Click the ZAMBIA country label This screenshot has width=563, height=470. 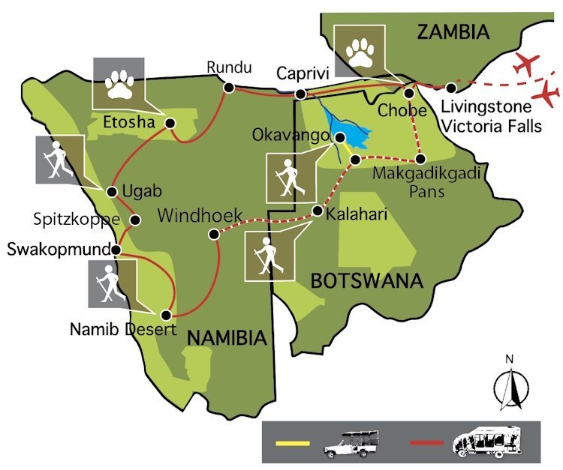click(453, 32)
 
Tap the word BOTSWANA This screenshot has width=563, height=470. click(366, 281)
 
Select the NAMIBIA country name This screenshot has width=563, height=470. click(227, 338)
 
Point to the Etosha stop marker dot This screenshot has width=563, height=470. click(170, 123)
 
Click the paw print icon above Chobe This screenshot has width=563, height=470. click(359, 49)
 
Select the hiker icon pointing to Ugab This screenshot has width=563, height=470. click(59, 159)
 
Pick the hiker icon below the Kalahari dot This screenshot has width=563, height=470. click(269, 256)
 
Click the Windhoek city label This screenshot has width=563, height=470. click(200, 217)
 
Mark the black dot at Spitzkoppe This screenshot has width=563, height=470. click(136, 220)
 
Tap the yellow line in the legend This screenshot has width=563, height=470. click(293, 444)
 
